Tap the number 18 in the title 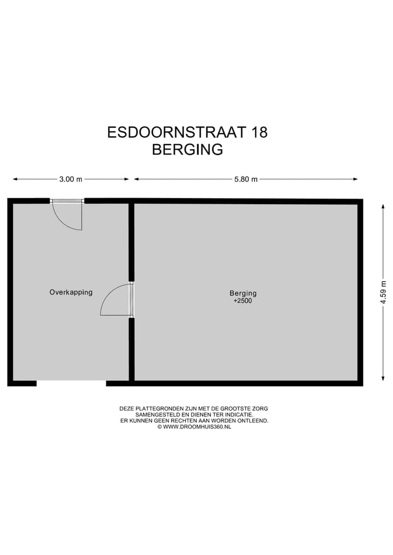point(258,132)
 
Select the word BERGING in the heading point(187,150)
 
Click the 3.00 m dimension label point(71,179)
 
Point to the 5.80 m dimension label point(246,179)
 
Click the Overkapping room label point(71,292)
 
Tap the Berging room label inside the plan point(243,293)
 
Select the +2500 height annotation point(242,301)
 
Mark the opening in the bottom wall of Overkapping point(71,383)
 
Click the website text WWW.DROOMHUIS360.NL point(197,427)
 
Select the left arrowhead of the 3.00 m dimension point(15,179)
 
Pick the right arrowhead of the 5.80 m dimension point(355,179)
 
